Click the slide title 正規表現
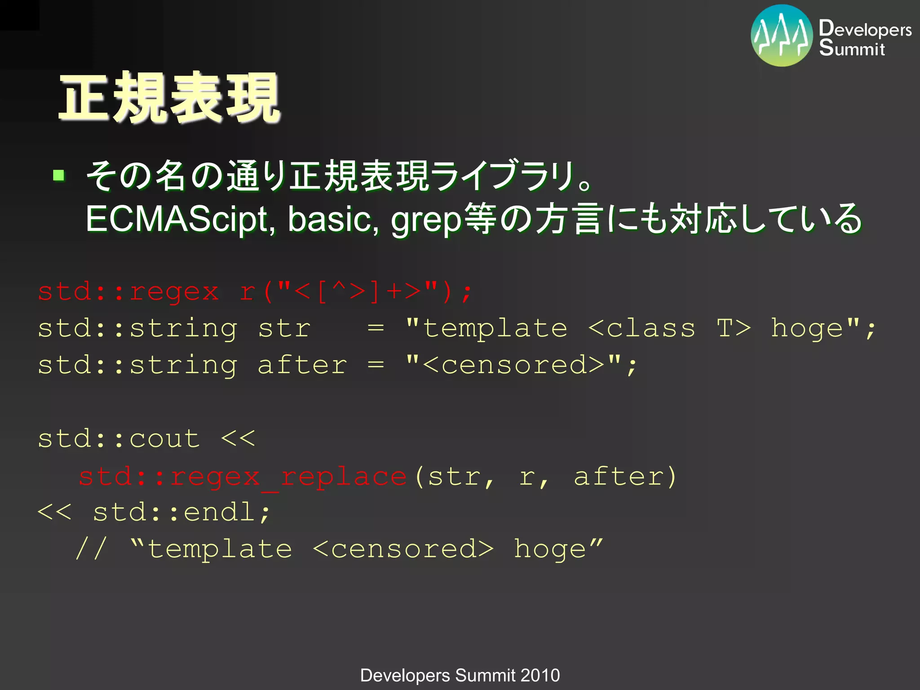tap(170, 98)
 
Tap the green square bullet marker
tap(59, 175)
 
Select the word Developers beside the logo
tap(865, 29)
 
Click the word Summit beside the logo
tap(852, 49)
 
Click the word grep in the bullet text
tap(426, 220)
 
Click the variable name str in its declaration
tap(284, 328)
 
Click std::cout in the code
tap(119, 438)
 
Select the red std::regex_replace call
tap(243, 476)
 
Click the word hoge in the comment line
tap(550, 549)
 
